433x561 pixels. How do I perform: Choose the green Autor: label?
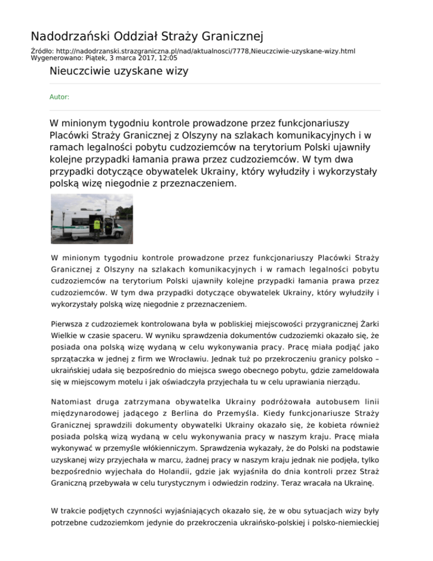(x=59, y=97)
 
